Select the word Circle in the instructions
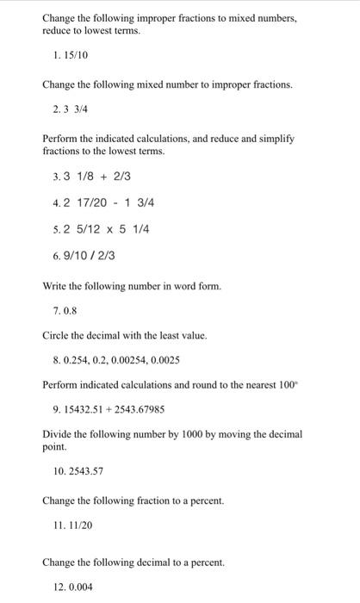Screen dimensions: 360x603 pos(56,334)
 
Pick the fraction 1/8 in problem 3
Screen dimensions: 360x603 pos(87,177)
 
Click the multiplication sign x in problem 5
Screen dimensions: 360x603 pos(108,230)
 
